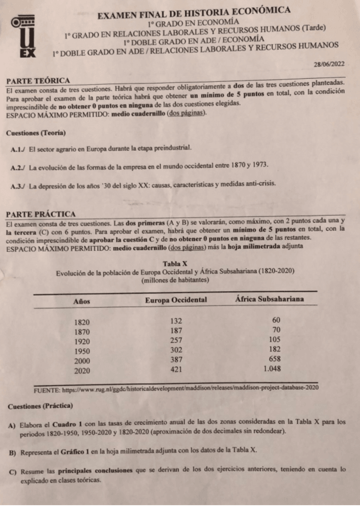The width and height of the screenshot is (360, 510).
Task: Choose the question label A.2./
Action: point(18,167)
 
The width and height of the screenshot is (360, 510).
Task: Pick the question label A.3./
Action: point(18,185)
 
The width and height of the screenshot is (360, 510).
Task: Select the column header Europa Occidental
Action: point(176,300)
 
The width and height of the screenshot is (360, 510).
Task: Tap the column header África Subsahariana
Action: point(269,299)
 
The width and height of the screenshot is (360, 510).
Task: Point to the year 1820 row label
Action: point(82,322)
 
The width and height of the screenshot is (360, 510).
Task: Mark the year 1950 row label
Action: point(82,351)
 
